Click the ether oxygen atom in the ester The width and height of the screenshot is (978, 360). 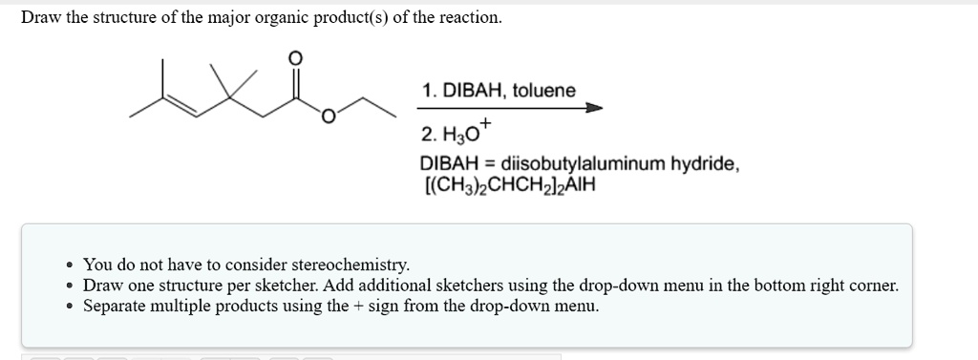click(329, 117)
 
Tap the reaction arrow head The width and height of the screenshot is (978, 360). click(594, 109)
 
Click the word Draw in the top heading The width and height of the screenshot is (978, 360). click(41, 18)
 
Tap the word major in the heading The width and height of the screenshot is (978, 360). click(223, 18)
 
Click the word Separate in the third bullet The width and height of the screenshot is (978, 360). click(117, 307)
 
